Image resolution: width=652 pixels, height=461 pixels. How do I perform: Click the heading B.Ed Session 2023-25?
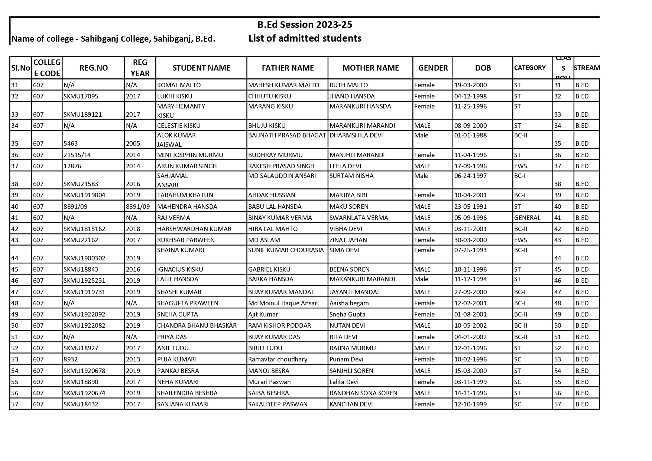click(x=305, y=25)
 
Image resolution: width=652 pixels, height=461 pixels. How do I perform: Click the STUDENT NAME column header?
click(x=201, y=68)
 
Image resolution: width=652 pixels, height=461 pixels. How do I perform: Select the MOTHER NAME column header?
click(x=370, y=68)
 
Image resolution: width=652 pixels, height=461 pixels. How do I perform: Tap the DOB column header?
click(x=483, y=68)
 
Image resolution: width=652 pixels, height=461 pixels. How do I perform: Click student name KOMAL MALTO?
click(x=179, y=85)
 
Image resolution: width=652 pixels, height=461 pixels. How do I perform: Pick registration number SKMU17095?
click(x=81, y=96)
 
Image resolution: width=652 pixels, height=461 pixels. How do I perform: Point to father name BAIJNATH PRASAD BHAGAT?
click(x=287, y=135)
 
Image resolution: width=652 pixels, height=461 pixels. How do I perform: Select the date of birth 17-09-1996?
click(x=470, y=166)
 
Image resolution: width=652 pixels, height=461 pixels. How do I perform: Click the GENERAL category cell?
click(x=527, y=218)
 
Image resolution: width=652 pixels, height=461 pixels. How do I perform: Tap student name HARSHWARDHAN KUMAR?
click(x=194, y=229)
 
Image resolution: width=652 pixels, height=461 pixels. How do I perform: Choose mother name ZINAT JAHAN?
click(x=348, y=240)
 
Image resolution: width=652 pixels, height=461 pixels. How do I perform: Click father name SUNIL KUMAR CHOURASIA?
click(x=286, y=250)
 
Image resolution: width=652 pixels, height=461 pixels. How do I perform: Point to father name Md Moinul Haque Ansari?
click(x=283, y=303)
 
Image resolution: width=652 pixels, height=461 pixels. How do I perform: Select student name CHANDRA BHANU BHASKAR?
click(x=197, y=325)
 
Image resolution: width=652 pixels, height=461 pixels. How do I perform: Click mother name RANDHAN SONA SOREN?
click(x=363, y=393)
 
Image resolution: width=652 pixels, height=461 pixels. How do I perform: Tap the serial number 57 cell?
click(x=15, y=404)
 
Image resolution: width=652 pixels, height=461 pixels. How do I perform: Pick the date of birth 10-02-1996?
click(x=470, y=359)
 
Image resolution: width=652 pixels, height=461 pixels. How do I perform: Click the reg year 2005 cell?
click(x=133, y=143)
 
